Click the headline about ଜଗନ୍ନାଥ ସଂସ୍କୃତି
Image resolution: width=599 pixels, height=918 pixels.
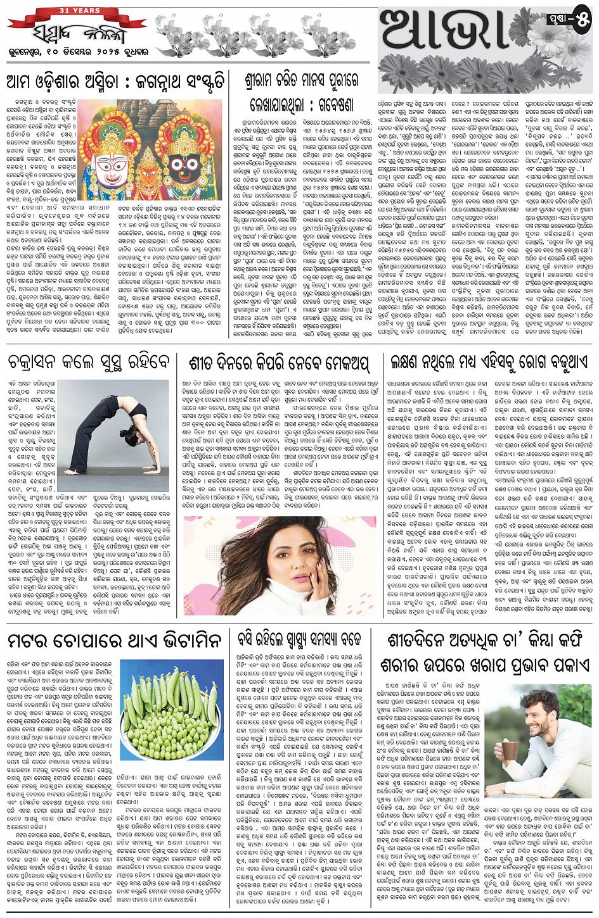coord(114,82)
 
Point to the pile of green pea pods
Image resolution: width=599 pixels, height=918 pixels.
coord(172,712)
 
